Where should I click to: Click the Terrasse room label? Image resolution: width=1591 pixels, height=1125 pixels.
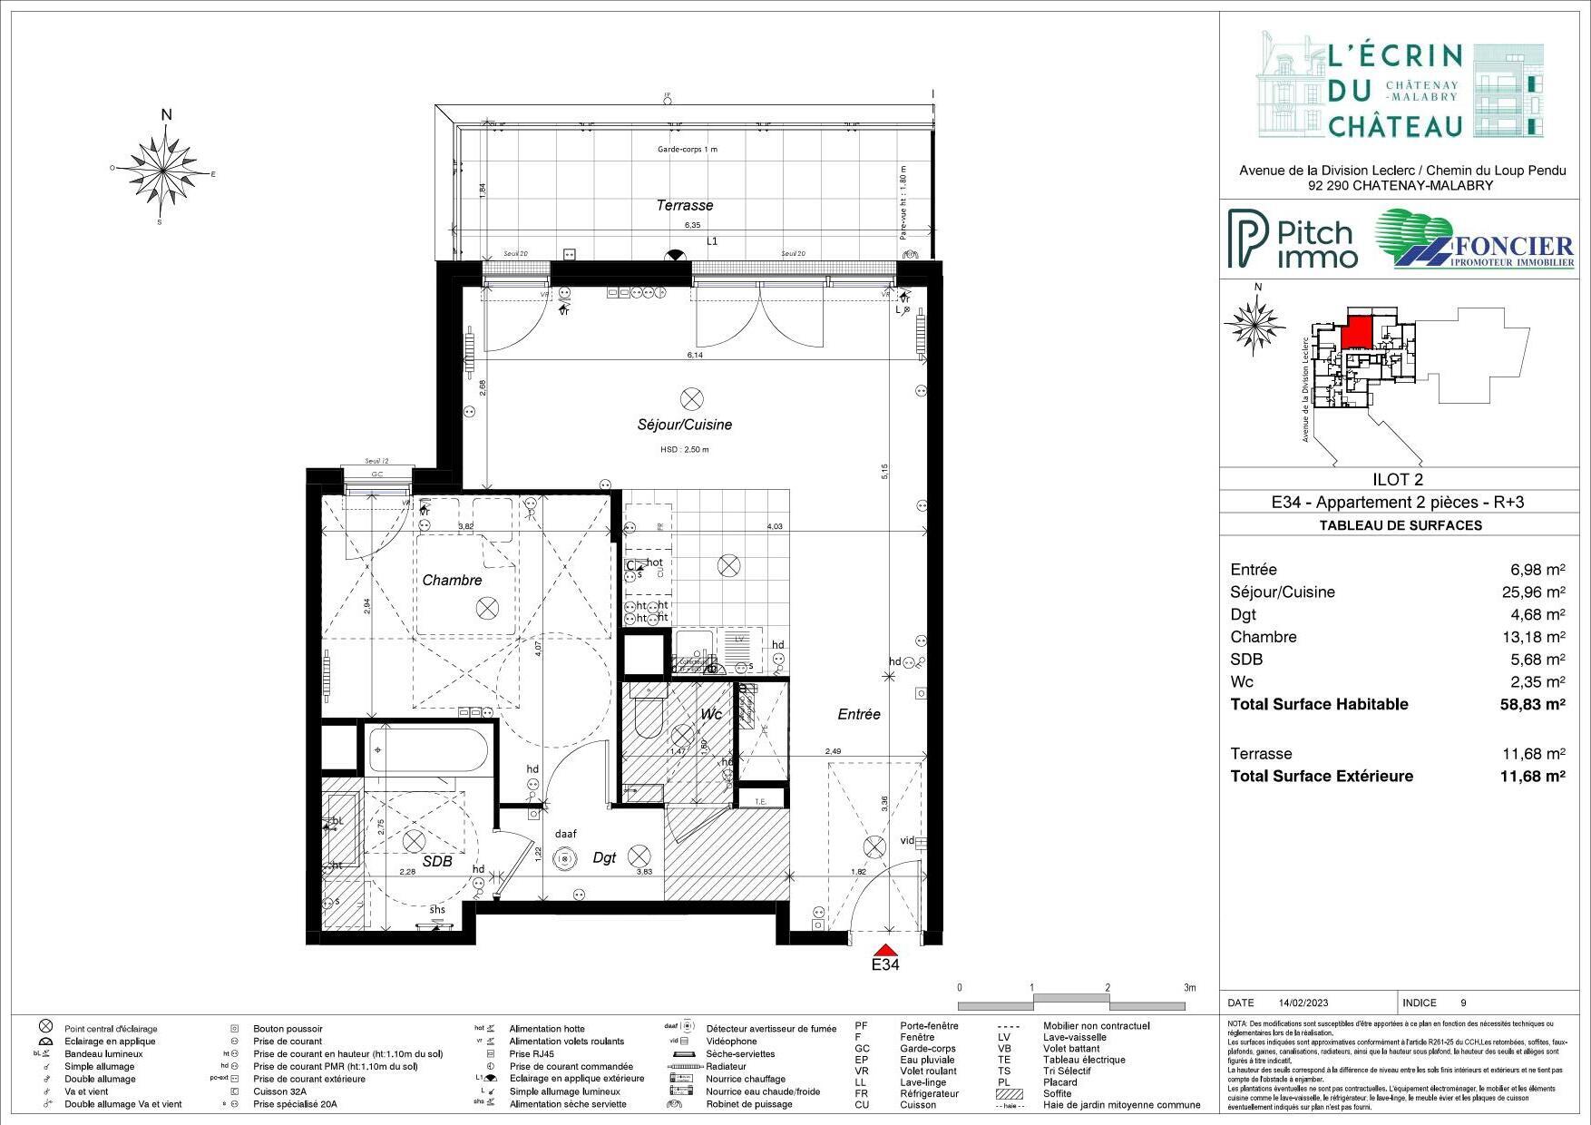click(x=685, y=206)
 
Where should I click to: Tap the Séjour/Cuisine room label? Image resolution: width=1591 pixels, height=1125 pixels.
click(x=684, y=425)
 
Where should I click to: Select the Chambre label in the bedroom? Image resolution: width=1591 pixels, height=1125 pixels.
click(x=452, y=580)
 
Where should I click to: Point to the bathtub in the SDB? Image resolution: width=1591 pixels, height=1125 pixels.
click(x=427, y=751)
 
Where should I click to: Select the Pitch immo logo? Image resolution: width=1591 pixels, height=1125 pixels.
click(x=1293, y=240)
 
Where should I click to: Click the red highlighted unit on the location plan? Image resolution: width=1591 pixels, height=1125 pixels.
click(x=1357, y=331)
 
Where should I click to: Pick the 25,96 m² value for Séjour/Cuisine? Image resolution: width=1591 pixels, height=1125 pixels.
click(x=1534, y=592)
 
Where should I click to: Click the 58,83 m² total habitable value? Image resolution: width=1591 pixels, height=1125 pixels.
click(x=1533, y=705)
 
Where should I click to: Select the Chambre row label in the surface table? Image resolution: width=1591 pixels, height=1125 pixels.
click(x=1264, y=637)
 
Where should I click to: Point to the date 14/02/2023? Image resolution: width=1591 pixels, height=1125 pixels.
click(x=1303, y=1003)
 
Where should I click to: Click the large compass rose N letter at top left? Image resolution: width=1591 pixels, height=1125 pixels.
click(x=167, y=115)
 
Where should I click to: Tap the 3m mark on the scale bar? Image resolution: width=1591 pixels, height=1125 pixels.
click(x=1189, y=988)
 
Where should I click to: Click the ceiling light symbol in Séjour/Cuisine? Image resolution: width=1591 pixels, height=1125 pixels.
click(x=692, y=397)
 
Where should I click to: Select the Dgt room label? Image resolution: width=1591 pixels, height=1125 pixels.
click(x=604, y=857)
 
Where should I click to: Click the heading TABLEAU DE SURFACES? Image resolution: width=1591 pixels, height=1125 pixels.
click(x=1401, y=525)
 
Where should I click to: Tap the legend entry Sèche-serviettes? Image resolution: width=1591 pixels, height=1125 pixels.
click(x=740, y=1054)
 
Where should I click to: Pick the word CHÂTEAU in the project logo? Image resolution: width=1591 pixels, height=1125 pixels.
click(x=1395, y=125)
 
